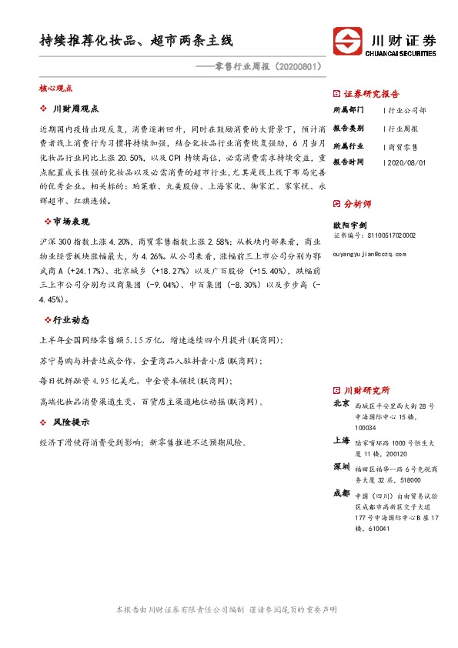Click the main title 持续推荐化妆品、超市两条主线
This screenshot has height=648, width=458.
[x=137, y=39]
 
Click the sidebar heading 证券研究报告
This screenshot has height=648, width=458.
[x=371, y=94]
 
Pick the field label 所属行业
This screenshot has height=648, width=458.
[x=348, y=145]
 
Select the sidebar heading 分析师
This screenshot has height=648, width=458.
[x=357, y=204]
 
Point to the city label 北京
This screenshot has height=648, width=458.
[x=341, y=403]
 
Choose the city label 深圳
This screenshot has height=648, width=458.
[x=341, y=466]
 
